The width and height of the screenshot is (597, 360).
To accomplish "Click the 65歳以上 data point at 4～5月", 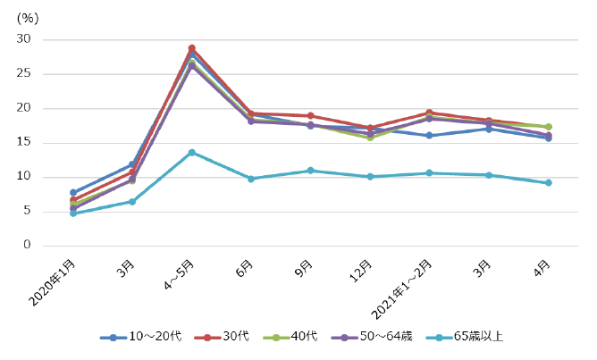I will pyautogui.click(x=191, y=152).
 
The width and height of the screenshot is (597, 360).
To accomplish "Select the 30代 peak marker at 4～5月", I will pyautogui.click(x=191, y=48).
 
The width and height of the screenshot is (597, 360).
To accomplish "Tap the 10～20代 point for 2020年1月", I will pyautogui.click(x=73, y=192).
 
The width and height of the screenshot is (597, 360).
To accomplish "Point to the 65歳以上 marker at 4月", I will pyautogui.click(x=548, y=182).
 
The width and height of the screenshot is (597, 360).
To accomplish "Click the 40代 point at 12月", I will pyautogui.click(x=370, y=137).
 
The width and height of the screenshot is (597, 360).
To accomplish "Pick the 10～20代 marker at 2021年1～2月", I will pyautogui.click(x=429, y=135).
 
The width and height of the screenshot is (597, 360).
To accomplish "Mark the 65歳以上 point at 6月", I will pyautogui.click(x=251, y=179).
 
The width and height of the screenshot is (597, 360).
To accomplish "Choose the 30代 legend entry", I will pyautogui.click(x=225, y=336).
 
